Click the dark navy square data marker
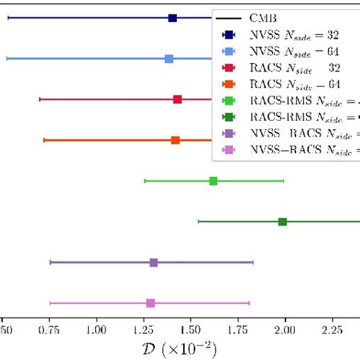172,18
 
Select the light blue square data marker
169,58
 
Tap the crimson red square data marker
177,99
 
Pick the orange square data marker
175,140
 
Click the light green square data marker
213,181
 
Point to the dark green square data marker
283,222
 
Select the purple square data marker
153,262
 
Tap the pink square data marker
150,303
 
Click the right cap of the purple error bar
253,262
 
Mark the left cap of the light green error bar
145,181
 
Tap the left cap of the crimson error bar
39,99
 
